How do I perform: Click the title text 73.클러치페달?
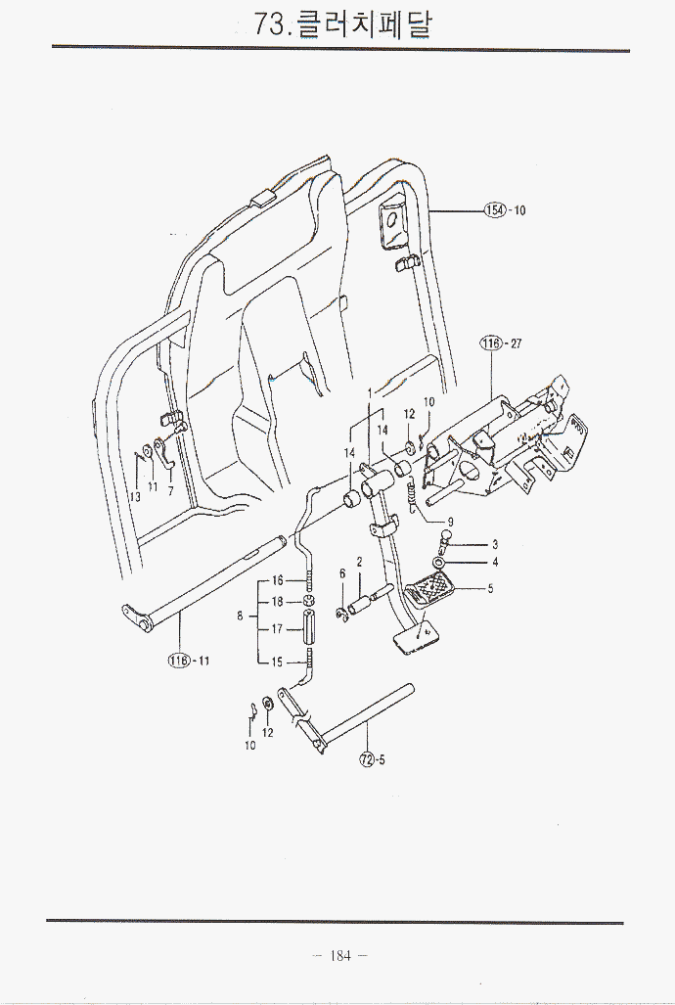341,23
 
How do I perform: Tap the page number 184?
338,956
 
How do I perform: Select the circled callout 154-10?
505,210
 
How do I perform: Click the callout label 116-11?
189,661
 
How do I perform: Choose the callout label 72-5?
372,759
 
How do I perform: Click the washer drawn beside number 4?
441,564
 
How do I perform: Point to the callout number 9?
450,521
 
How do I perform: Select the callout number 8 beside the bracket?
240,617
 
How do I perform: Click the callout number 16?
277,581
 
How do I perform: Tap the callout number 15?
277,662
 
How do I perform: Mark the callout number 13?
135,496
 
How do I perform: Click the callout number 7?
170,491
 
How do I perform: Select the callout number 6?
342,573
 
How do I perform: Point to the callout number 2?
360,563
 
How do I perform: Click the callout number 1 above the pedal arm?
369,393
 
